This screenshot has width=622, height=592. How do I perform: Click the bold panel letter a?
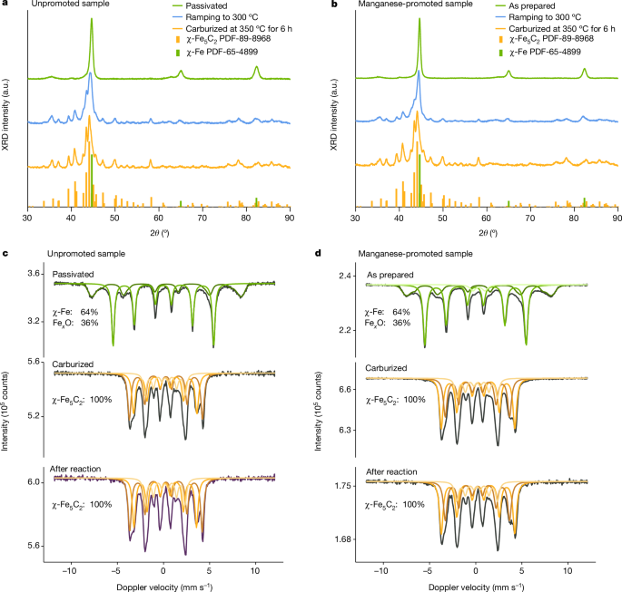pyautogui.click(x=5, y=6)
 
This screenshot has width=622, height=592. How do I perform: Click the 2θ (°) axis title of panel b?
pyautogui.click(x=487, y=233)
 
